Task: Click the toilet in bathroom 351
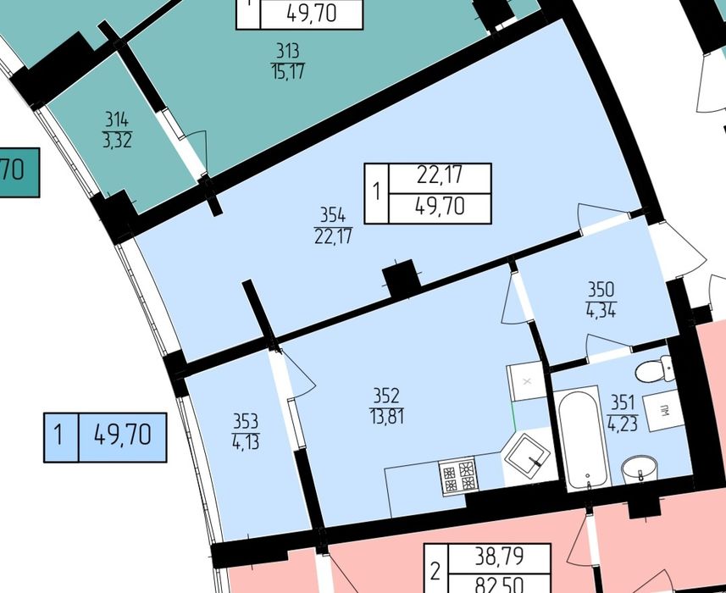pyautogui.click(x=655, y=369)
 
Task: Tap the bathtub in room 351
pyautogui.click(x=583, y=438)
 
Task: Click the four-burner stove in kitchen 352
pyautogui.click(x=459, y=476)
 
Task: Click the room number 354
pyautogui.click(x=332, y=215)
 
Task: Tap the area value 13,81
pyautogui.click(x=386, y=417)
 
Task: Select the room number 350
pyautogui.click(x=601, y=290)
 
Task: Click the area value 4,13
pyautogui.click(x=246, y=442)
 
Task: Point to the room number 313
pyautogui.click(x=287, y=51)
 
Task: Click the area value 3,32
pyautogui.click(x=117, y=141)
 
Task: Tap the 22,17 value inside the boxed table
pyautogui.click(x=440, y=175)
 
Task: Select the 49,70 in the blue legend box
pyautogui.click(x=123, y=435)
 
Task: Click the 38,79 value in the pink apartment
pyautogui.click(x=499, y=557)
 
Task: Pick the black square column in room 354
pyautogui.click(x=401, y=278)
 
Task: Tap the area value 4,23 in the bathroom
pyautogui.click(x=623, y=424)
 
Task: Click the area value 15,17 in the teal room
pyautogui.click(x=288, y=72)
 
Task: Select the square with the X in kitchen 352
pyautogui.click(x=527, y=381)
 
